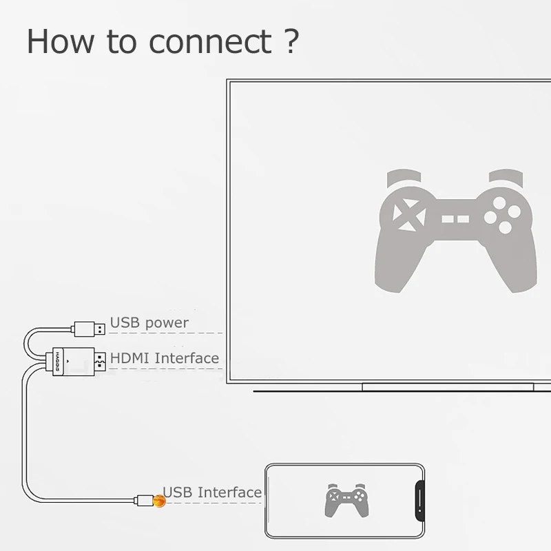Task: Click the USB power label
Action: [149, 322]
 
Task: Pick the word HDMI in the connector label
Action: [131, 358]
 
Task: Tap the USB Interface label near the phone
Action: [212, 492]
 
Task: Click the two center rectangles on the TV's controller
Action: [455, 219]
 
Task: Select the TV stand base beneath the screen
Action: [448, 387]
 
